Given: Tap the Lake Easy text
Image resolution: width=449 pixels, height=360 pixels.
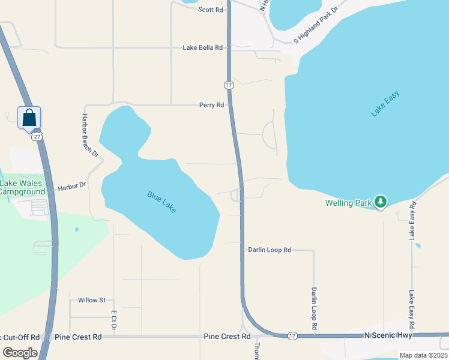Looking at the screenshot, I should (385, 103).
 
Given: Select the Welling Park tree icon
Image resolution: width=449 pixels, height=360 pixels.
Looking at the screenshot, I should (379, 202).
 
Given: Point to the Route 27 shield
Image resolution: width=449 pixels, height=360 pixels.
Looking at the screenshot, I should (37, 137).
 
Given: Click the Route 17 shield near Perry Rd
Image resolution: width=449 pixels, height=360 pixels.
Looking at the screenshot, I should (229, 85).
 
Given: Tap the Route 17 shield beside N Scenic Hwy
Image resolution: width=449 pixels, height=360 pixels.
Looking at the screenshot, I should (292, 335).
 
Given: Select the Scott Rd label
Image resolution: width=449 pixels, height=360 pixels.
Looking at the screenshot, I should (211, 10).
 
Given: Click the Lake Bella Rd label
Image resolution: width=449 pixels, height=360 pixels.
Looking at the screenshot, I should (203, 47).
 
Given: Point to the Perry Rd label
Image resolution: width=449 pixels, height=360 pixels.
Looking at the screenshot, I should (211, 105).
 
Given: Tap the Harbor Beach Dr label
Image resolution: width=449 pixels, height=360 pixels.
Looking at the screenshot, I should (90, 136).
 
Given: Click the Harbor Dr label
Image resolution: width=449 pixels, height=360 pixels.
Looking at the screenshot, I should (72, 188).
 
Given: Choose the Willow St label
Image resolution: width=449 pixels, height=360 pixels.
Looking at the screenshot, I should (91, 300).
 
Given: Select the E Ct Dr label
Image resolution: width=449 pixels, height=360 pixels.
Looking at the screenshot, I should (113, 319).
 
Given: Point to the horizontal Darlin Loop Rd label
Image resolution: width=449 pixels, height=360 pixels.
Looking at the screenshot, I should (270, 250).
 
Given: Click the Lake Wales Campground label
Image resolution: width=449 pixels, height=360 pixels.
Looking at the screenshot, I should (23, 187).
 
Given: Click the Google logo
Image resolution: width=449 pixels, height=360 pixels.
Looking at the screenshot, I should (20, 353).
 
